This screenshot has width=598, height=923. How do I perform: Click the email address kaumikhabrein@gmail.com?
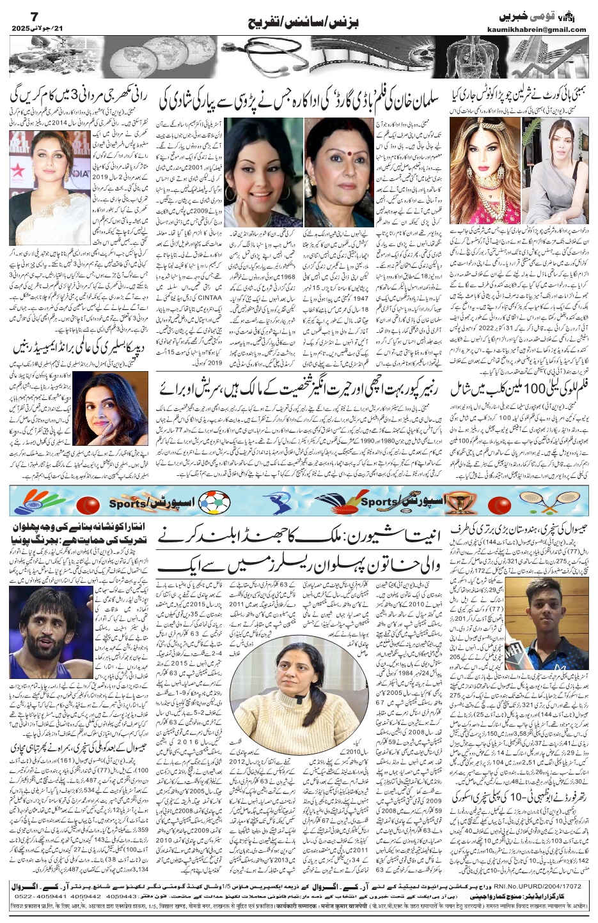coord(543,29)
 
